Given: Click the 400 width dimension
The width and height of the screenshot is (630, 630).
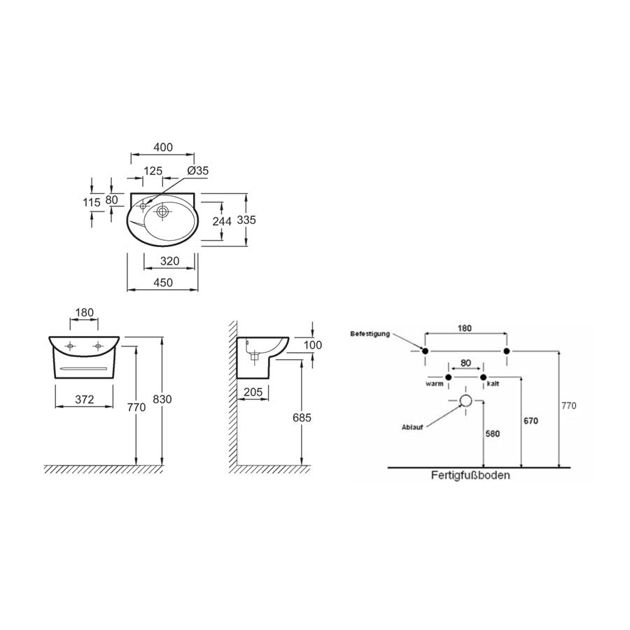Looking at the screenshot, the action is [163, 148].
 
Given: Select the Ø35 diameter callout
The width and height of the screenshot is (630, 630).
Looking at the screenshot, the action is [198, 171].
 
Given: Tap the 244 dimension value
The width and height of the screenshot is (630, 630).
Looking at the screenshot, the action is [222, 221].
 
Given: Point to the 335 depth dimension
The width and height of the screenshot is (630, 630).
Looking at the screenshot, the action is [246, 220].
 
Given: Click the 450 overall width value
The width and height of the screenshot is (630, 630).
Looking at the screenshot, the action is [163, 283].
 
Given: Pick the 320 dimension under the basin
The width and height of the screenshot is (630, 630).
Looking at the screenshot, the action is [169, 261].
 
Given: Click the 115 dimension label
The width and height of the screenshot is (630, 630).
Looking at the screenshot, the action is [92, 202].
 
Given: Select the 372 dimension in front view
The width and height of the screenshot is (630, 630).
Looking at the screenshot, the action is [85, 400].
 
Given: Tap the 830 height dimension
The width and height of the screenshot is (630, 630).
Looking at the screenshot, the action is [162, 400].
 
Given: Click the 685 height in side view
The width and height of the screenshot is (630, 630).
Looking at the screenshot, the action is [302, 418].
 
